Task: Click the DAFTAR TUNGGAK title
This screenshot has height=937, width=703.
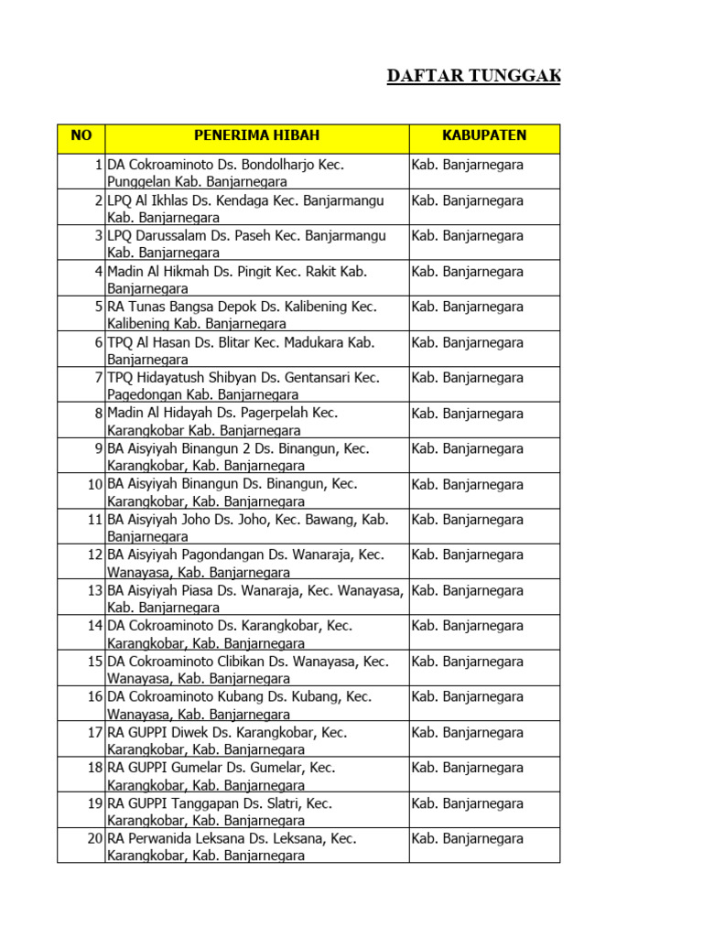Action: click(x=473, y=76)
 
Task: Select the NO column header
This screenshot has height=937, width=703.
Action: click(x=81, y=136)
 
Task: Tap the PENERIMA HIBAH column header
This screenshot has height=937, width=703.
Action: click(x=256, y=136)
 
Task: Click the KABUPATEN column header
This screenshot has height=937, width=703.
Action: click(x=484, y=136)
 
